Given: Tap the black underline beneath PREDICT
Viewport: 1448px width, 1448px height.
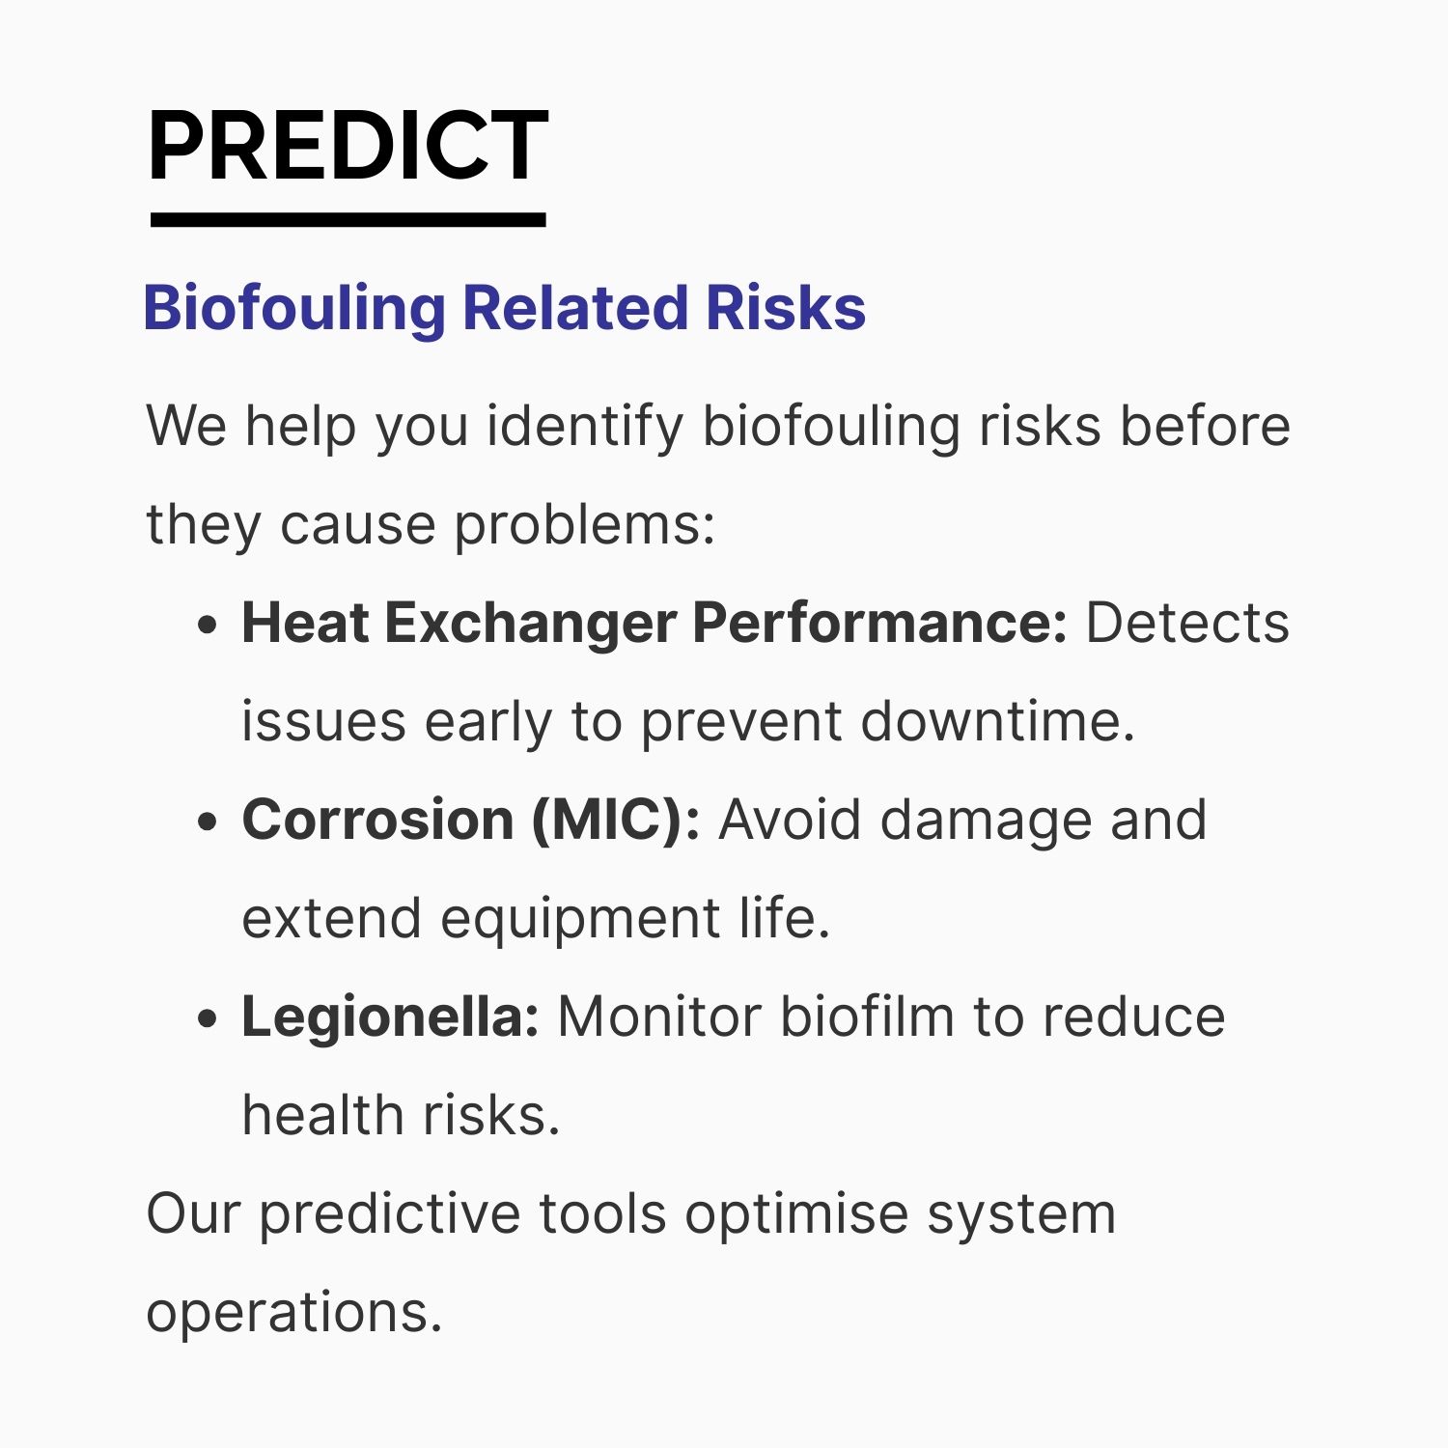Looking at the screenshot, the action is click(348, 220).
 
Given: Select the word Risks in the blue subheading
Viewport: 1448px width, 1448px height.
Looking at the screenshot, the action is click(786, 308).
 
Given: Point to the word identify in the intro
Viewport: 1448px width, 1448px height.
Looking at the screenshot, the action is click(585, 427).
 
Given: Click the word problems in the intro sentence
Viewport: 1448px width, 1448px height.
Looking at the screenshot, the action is click(585, 527).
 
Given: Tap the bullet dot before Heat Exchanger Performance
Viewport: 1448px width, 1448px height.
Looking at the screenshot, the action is click(207, 626).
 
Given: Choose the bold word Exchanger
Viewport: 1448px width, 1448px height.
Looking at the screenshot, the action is click(530, 623).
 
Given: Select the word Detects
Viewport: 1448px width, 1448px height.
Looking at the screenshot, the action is click(1187, 623).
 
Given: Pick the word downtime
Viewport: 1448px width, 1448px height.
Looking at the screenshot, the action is click(997, 721).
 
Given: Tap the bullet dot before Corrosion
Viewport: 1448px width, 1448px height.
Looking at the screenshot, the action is click(207, 822).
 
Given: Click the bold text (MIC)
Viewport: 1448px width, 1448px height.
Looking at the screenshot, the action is click(616, 821).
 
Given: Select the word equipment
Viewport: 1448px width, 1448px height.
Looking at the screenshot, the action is click(580, 920).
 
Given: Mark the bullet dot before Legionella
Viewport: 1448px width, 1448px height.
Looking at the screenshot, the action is click(207, 1019).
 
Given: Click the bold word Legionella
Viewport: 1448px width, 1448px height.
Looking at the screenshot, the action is click(390, 1018).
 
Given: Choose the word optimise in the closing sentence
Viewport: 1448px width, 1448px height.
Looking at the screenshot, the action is click(796, 1215).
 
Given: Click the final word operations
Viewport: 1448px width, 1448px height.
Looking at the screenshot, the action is click(293, 1314).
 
